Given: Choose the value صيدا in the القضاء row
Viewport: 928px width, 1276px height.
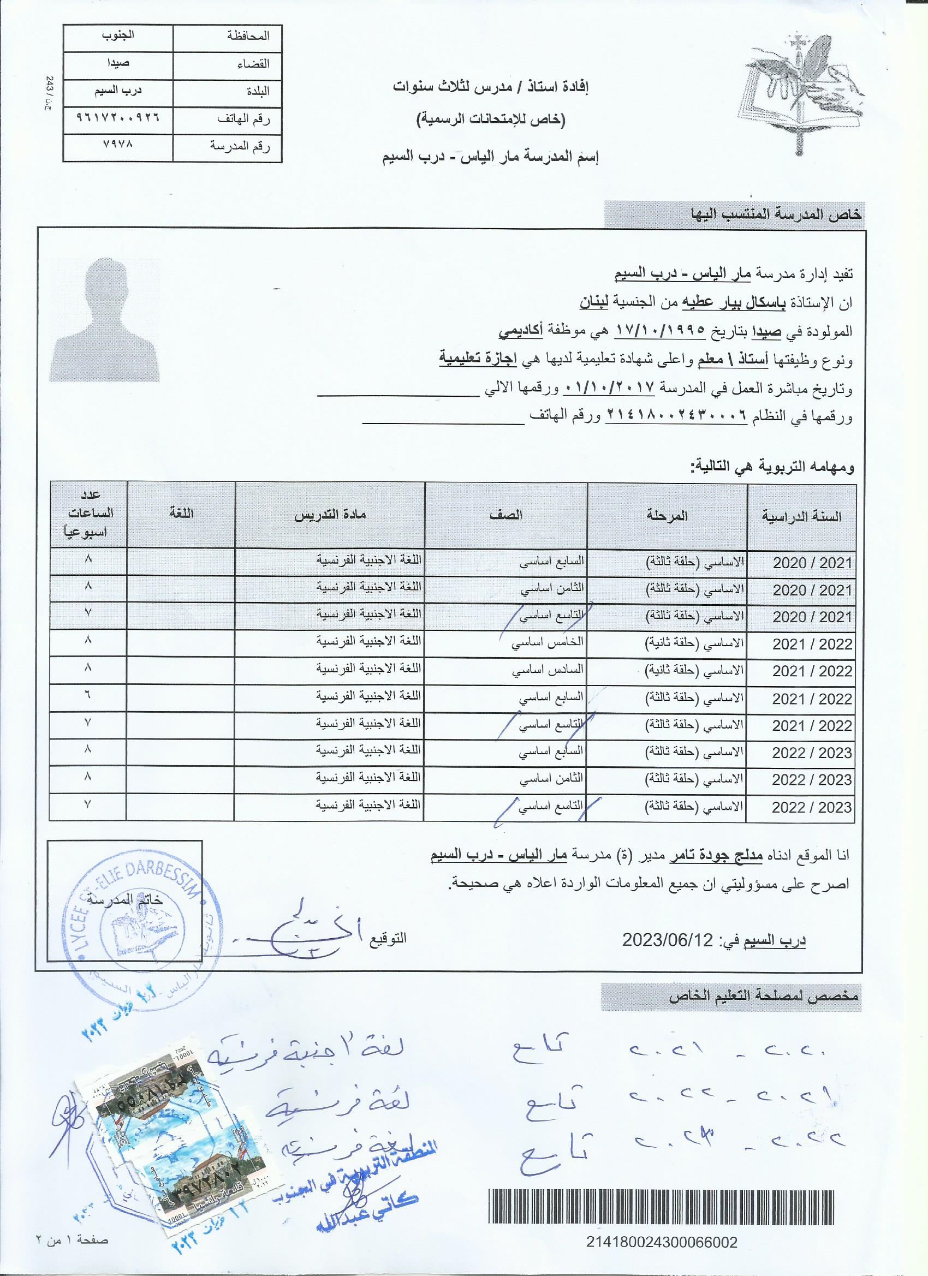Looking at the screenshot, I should click(x=117, y=62).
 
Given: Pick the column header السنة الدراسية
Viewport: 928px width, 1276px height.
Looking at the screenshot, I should click(x=801, y=516).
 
